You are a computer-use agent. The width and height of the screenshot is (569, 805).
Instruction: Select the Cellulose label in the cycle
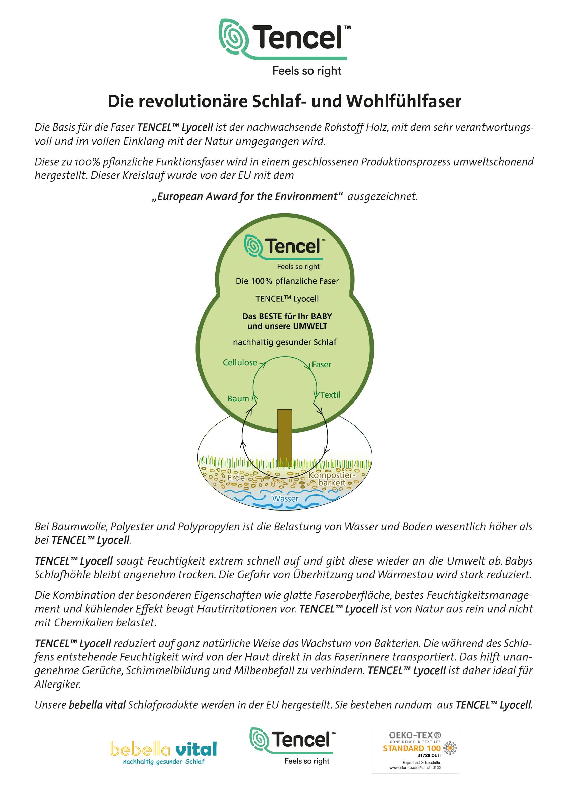pos(240,363)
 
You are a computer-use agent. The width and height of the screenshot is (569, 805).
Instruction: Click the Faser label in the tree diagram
pos(322,365)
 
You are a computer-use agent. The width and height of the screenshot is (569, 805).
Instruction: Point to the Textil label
pos(330,395)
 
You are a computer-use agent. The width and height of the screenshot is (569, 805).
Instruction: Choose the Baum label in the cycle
pos(238,399)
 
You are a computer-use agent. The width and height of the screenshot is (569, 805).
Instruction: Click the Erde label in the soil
pos(236,478)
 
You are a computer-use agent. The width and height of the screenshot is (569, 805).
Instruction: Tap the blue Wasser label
pos(285,498)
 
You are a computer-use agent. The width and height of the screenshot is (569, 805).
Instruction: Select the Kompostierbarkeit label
pos(332,479)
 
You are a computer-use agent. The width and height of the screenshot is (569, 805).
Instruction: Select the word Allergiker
pos(57,684)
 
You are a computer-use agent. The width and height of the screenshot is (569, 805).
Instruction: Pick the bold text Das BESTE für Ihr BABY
pos(287,316)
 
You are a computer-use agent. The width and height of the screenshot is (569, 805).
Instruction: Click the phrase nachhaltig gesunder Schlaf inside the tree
pos(285,342)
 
